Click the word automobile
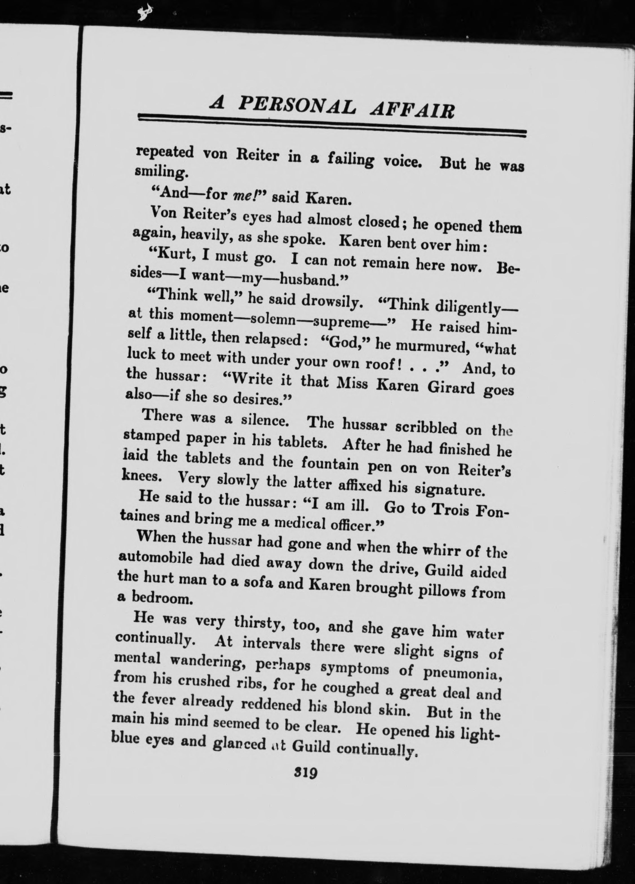[154, 558]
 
